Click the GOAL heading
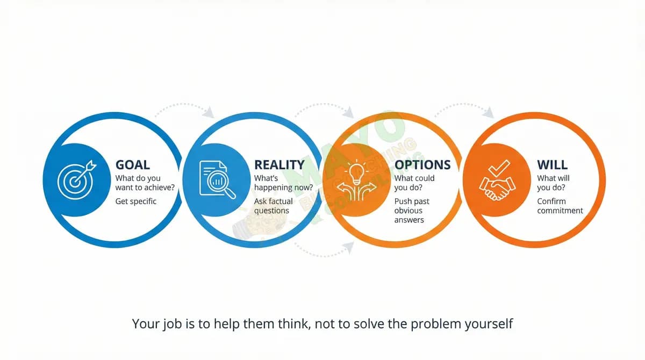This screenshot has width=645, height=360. pyautogui.click(x=133, y=165)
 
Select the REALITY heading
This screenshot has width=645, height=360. pyautogui.click(x=279, y=165)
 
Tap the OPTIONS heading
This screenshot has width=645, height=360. pyautogui.click(x=422, y=165)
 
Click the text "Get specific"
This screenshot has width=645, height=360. pyautogui.click(x=136, y=201)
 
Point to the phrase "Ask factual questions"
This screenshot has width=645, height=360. pyautogui.click(x=274, y=206)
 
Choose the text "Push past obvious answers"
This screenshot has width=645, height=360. pyautogui.click(x=412, y=211)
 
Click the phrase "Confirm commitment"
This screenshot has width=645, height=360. pyautogui.click(x=560, y=206)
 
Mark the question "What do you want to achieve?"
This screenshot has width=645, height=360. pyautogui.click(x=145, y=183)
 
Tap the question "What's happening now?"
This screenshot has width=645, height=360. pyautogui.click(x=283, y=183)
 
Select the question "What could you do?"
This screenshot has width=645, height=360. pyautogui.click(x=414, y=183)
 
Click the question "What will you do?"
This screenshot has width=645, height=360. pyautogui.click(x=553, y=183)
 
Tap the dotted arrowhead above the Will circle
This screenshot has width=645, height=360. pyautogui.click(x=488, y=113)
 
